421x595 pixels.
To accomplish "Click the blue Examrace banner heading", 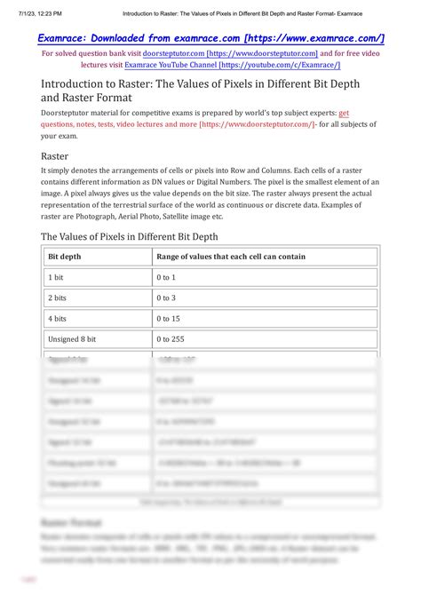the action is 210,38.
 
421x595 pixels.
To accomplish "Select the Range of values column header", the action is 231,257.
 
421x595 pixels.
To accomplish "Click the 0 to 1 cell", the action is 166,277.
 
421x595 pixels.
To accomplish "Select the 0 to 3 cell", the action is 166,297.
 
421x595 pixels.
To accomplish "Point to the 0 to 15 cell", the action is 169,318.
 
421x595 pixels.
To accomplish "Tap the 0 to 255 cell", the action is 171,338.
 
